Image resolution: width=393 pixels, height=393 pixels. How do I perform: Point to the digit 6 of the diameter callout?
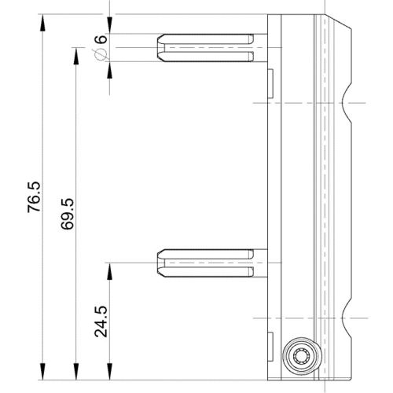click(101, 40)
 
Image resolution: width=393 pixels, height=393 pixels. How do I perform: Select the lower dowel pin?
click(208, 262)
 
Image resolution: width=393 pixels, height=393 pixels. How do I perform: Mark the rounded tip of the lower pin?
click(161, 262)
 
